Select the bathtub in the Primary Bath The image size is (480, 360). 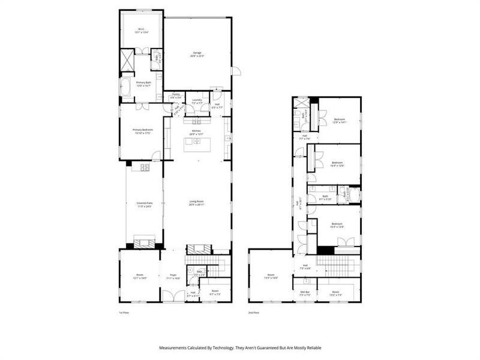(x=127, y=88)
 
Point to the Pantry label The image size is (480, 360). (x=176, y=95)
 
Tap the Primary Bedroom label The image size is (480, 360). (x=143, y=131)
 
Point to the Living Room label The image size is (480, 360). (x=197, y=203)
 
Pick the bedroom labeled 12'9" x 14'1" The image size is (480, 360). (x=339, y=121)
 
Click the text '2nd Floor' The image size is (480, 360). (x=254, y=313)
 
